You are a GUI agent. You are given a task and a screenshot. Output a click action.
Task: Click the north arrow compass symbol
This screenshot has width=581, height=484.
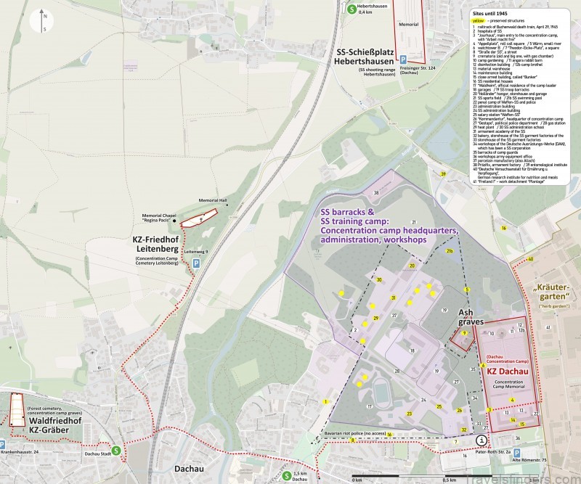pyautogui.click(x=45, y=23)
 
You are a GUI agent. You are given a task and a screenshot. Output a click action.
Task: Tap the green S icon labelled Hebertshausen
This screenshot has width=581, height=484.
pyautogui.click(x=352, y=9)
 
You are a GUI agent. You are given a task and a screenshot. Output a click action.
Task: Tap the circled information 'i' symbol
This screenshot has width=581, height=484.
pyautogui.click(x=482, y=440)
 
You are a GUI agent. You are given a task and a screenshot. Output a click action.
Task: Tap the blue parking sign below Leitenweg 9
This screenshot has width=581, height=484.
pyautogui.click(x=196, y=266)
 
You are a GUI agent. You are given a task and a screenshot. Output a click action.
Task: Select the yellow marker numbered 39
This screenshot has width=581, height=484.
pyautogui.click(x=442, y=173)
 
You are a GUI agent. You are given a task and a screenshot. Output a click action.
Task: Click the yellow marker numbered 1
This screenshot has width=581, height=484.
pyautogui.click(x=327, y=401)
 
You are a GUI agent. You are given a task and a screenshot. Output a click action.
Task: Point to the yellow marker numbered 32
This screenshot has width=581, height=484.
pyautogui.click(x=463, y=430)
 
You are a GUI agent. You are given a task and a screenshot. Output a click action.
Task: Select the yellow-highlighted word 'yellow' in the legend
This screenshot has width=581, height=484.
pyautogui.click(x=478, y=22)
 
